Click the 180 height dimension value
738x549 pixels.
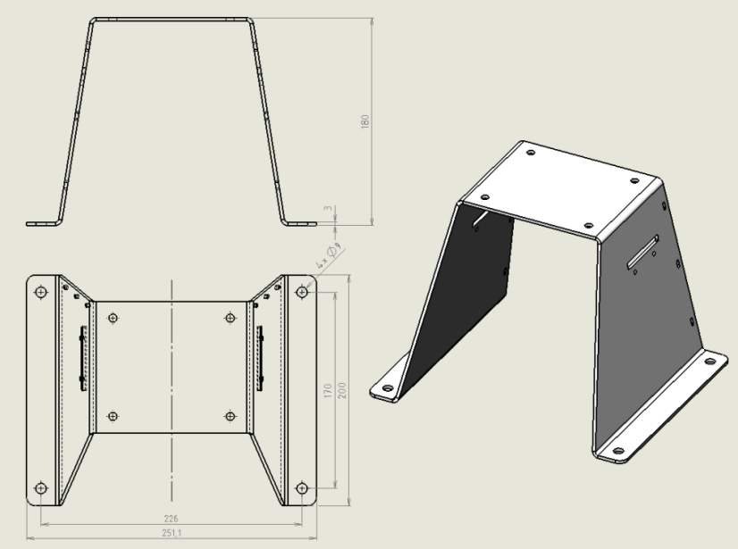click(365, 121)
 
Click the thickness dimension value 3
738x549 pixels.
click(328, 208)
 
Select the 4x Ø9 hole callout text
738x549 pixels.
click(329, 255)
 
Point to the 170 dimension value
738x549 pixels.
click(329, 390)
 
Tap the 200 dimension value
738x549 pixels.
click(342, 390)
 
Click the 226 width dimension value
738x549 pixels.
click(171, 519)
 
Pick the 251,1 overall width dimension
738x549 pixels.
click(172, 533)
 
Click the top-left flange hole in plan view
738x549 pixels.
click(41, 292)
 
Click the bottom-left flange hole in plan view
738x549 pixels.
click(41, 488)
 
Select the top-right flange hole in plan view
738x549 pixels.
click(302, 292)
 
